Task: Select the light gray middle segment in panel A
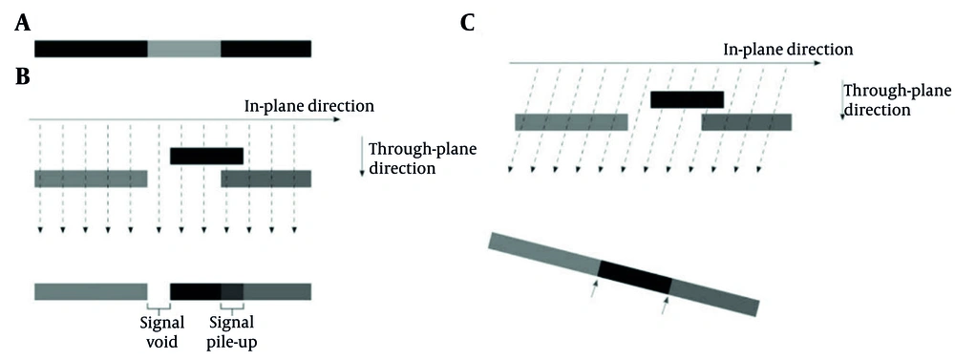point(184,49)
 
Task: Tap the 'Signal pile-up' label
point(231,331)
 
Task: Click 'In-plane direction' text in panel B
point(309,105)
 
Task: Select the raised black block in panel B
point(206,156)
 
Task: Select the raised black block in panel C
point(687,98)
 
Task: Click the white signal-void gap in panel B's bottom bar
point(159,291)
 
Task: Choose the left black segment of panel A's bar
point(92,49)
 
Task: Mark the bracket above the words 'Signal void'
point(159,308)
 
